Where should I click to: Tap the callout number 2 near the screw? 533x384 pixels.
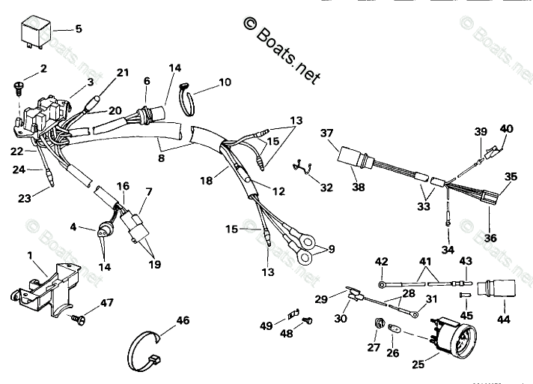click(43, 69)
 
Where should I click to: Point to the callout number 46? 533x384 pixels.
click(183, 321)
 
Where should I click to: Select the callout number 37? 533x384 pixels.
click(326, 133)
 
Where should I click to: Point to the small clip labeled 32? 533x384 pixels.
click(302, 167)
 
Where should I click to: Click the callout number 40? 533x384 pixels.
click(507, 129)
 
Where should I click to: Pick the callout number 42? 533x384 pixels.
click(381, 262)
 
